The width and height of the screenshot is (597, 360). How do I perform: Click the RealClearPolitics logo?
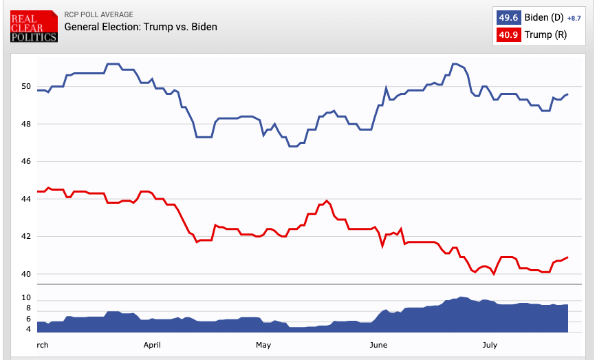[x=34, y=25]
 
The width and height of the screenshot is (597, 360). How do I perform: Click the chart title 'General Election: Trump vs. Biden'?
[x=140, y=27]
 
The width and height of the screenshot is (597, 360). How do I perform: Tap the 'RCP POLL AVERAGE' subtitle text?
[x=98, y=14]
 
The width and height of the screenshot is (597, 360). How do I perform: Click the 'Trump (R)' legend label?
[x=545, y=34]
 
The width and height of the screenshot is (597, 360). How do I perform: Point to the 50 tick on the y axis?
[x=25, y=87]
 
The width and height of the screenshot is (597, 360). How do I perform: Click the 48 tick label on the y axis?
[x=25, y=124]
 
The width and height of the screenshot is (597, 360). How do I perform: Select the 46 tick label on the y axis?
[x=25, y=162]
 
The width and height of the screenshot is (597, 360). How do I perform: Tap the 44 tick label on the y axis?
[x=25, y=199]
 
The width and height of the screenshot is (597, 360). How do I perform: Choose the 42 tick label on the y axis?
[x=25, y=237]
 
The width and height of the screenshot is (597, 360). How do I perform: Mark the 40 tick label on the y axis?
[x=25, y=274]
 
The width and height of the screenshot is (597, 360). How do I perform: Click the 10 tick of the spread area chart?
[x=25, y=298]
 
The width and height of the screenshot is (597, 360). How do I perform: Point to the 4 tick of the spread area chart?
[x=28, y=330]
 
